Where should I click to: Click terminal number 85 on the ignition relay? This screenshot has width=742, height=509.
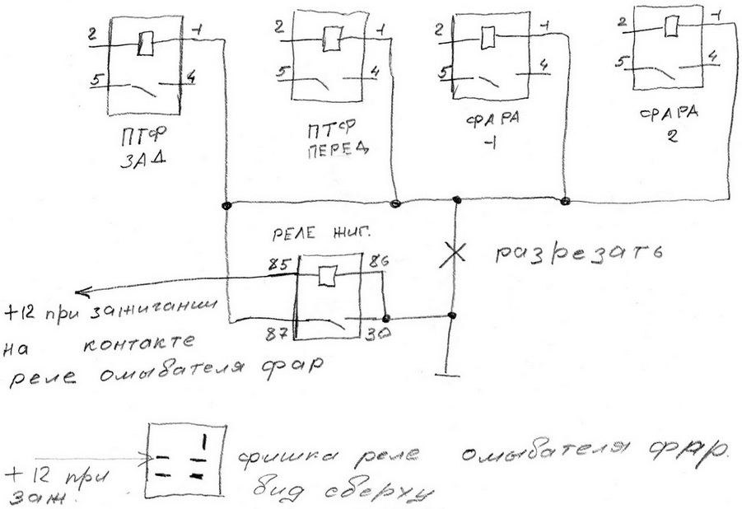coord(277,266)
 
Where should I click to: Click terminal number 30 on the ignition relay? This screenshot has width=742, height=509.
coord(377,334)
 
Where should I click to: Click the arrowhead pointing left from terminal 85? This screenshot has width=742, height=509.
coord(75,292)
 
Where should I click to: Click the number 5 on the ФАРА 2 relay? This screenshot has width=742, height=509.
coord(628,61)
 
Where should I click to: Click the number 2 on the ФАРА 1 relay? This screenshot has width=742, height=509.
coord(436,31)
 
